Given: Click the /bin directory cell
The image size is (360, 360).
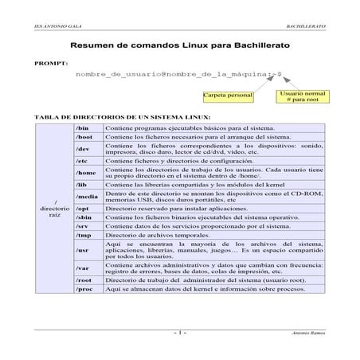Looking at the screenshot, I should [x=88, y=127].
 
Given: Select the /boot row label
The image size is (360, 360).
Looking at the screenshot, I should [x=88, y=137].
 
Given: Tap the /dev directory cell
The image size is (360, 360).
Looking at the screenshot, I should [x=88, y=149].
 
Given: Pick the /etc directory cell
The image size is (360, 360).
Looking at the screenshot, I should [x=88, y=161].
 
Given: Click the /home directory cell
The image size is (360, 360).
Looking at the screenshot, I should [x=88, y=172].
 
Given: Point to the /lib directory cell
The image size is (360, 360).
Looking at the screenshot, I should [x=88, y=184].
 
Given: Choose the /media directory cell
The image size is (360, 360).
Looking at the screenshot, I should [x=88, y=196].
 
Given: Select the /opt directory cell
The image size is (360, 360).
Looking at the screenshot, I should [x=88, y=207].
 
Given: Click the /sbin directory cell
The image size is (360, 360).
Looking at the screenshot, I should [x=88, y=217].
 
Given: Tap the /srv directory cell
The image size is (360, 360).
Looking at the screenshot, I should [x=88, y=226].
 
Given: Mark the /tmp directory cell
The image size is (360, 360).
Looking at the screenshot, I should [x=88, y=236].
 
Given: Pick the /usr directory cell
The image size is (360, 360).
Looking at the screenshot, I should [x=88, y=250].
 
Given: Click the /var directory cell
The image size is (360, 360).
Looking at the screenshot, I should [x=88, y=267].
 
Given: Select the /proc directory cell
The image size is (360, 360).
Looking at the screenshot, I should [x=88, y=290].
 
